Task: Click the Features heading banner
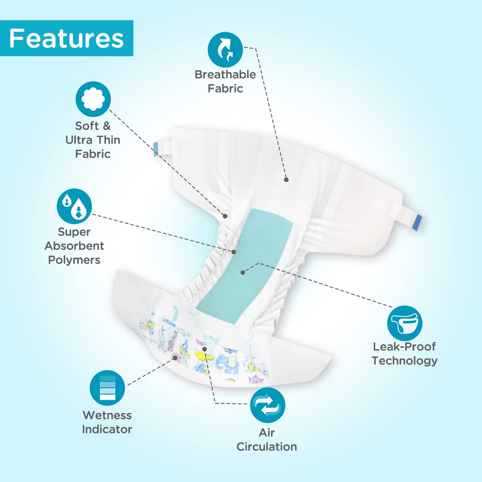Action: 67,38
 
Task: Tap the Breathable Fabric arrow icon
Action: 225,49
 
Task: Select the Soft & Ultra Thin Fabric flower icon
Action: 93,99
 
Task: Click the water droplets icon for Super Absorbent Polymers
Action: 74,206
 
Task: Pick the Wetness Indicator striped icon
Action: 107,388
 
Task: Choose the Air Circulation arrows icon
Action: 268,405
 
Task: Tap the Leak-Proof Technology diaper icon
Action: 405,323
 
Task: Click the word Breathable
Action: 225,75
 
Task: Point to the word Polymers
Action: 74,260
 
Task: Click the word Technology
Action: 405,361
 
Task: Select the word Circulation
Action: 267,447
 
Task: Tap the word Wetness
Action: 107,415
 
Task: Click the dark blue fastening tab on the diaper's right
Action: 417,222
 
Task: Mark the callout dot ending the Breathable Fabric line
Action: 286,180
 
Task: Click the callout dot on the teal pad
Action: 243,272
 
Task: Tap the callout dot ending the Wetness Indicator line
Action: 175,358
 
